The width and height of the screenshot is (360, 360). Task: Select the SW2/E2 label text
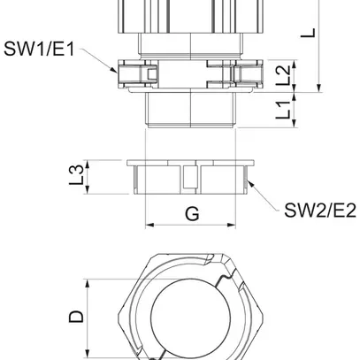319,210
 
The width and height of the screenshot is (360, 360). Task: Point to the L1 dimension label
281,112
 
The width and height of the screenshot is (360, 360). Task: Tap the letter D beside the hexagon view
77,316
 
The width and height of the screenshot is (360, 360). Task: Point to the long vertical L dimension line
317,44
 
